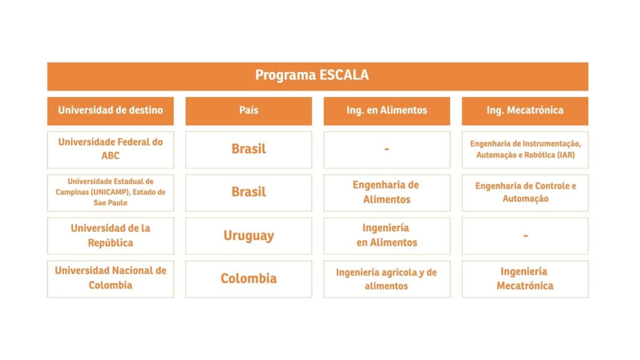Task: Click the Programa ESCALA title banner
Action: point(317,76)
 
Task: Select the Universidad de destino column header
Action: point(111,111)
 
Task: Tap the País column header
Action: point(249,111)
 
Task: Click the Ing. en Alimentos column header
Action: point(387,111)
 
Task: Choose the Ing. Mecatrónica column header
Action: point(525,111)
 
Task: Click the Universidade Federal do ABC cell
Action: point(111,150)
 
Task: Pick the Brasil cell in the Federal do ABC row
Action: point(249,150)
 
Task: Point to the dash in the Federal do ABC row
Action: point(387,150)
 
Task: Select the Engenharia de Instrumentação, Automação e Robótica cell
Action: point(525,150)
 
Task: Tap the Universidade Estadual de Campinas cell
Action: point(111,192)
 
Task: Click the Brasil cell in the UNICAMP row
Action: point(249,192)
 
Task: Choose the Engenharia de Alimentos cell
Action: point(387,192)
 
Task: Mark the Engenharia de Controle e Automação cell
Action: point(525,192)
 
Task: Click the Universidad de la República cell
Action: point(111,236)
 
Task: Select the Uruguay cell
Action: point(249,236)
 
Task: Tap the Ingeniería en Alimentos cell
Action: point(387,236)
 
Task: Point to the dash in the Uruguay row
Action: point(525,236)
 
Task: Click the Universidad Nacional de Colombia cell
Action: point(111,279)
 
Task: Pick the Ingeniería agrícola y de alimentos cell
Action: point(387,279)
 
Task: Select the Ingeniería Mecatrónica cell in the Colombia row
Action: point(525,279)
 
